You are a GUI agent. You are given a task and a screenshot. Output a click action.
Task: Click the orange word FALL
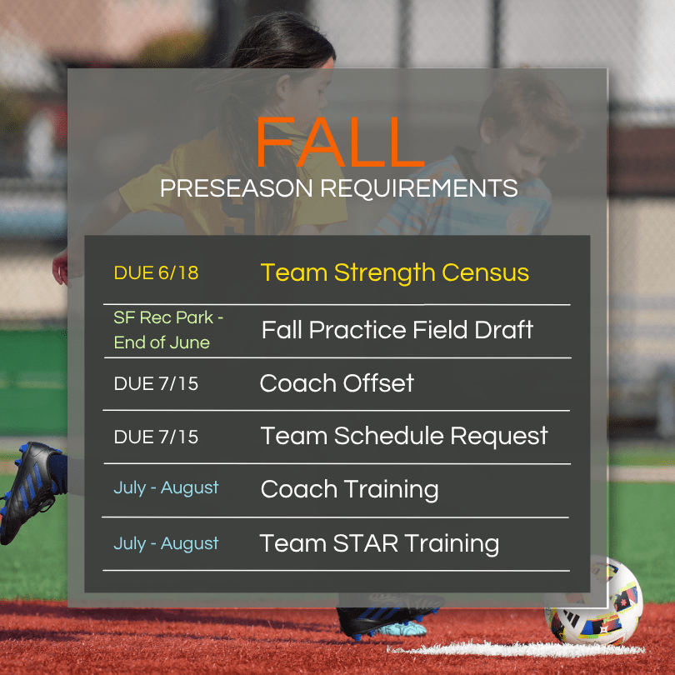pos(340,142)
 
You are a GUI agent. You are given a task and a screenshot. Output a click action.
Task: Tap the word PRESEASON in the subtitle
pos(237,188)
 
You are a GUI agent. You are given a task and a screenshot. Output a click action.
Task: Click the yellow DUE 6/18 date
pos(157,273)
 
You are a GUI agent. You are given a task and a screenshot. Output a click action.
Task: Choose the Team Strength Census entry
pos(395,273)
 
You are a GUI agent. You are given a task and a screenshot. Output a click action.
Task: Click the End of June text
pos(162,342)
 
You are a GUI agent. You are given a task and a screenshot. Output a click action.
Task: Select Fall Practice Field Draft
pos(397,330)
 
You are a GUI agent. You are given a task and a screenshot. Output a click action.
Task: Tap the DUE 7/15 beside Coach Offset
pos(157,384)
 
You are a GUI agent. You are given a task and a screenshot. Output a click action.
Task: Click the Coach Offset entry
pos(337,383)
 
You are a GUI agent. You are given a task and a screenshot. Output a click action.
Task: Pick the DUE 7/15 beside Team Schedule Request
pos(157,437)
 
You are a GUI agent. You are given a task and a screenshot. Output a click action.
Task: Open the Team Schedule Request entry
pos(404,436)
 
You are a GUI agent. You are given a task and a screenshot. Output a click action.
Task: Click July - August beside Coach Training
pos(166,488)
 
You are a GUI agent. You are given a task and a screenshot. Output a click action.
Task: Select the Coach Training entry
pos(349,490)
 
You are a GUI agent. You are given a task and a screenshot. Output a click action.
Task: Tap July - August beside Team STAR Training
pos(166,543)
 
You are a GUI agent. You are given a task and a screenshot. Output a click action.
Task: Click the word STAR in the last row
pos(366,543)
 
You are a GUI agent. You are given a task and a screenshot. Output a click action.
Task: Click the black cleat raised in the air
pos(30,491)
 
